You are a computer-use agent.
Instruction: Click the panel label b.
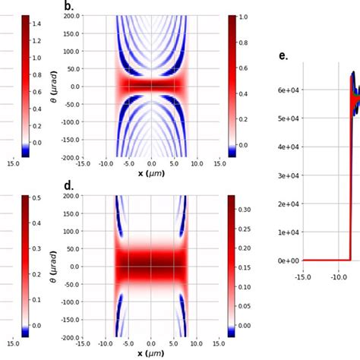pos(68,6)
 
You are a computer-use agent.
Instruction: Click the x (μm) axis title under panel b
pos(151,172)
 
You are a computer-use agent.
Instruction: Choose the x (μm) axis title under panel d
pos(151,353)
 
